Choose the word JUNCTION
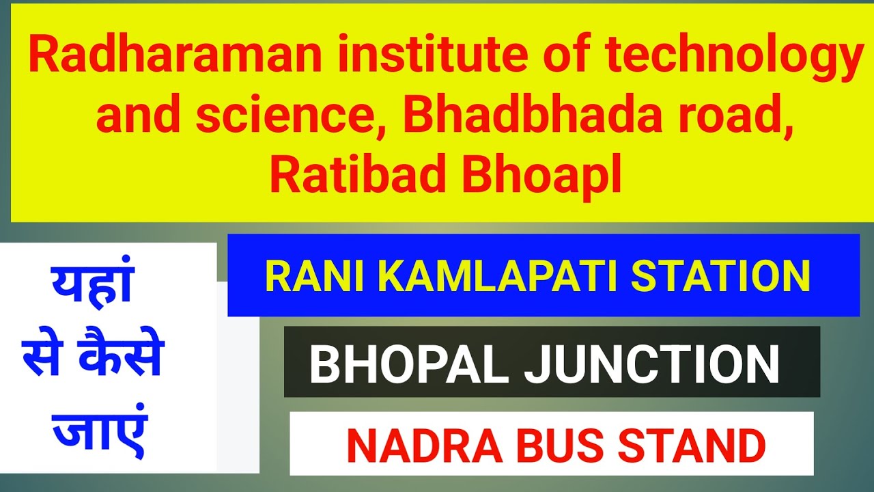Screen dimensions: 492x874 651,365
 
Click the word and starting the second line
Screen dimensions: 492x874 140,118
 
